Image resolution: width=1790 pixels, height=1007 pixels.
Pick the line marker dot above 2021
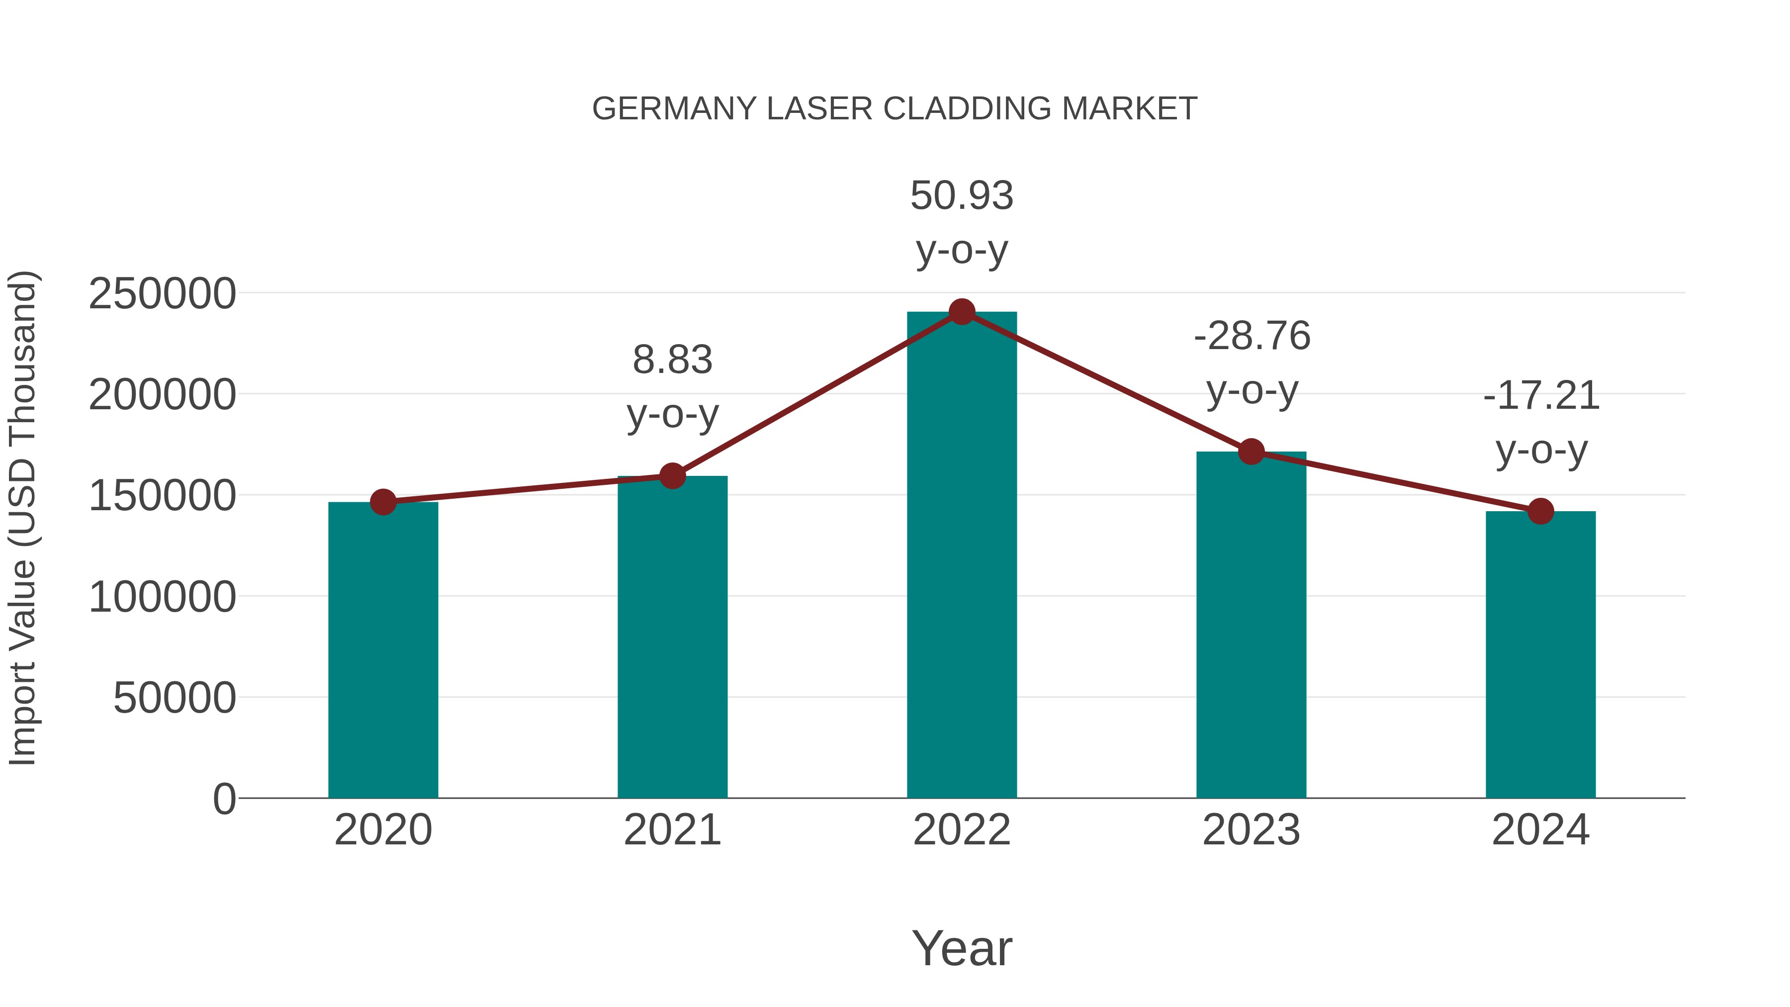pyautogui.click(x=672, y=476)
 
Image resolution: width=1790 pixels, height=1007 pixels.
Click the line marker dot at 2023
pyautogui.click(x=1251, y=452)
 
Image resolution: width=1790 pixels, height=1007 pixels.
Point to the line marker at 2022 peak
pyautogui.click(x=962, y=312)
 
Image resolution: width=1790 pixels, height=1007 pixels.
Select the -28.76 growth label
pyautogui.click(x=1252, y=336)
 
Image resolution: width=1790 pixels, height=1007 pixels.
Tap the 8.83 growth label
pyautogui.click(x=672, y=361)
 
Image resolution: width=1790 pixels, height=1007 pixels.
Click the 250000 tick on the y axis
pyautogui.click(x=162, y=294)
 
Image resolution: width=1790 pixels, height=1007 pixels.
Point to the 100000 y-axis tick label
pyautogui.click(x=162, y=597)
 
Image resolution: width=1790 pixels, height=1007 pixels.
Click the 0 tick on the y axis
pyautogui.click(x=224, y=799)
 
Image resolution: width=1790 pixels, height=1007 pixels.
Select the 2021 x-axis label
pyautogui.click(x=672, y=830)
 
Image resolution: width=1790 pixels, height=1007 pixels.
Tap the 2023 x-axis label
pyautogui.click(x=1251, y=830)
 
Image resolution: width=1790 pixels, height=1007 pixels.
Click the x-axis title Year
pyautogui.click(x=962, y=948)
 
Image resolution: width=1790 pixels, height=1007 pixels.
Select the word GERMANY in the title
pyautogui.click(x=674, y=109)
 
